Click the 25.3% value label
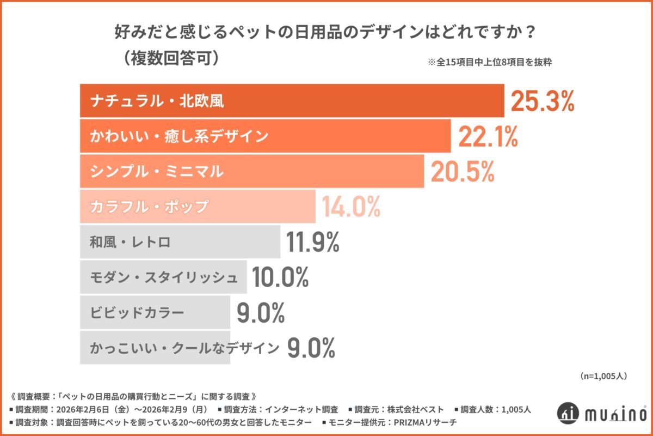542,101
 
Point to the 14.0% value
350,207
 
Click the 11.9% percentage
313,242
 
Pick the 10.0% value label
280,277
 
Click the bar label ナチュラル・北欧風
157,101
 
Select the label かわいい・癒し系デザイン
179,136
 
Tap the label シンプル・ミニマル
157,172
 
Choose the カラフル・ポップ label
149,207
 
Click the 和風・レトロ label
130,242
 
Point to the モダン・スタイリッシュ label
164,277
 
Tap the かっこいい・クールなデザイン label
184,348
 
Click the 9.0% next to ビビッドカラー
261,313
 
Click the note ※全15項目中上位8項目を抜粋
490,62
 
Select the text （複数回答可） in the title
171,58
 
